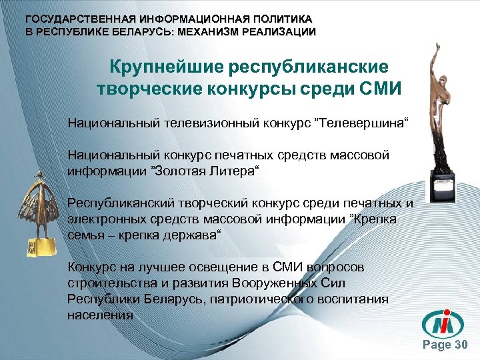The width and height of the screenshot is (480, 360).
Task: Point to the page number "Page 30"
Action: pyautogui.click(x=447, y=345)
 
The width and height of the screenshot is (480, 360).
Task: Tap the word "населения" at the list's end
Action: pyautogui.click(x=100, y=313)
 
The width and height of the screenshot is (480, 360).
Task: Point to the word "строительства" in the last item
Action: pyautogui.click(x=111, y=283)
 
